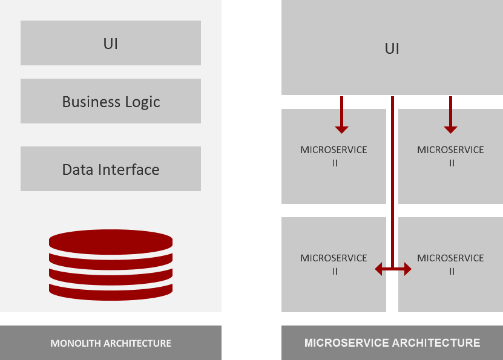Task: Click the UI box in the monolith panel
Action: (x=111, y=43)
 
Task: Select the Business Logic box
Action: (x=111, y=101)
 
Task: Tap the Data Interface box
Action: (x=111, y=169)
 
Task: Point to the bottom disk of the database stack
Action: (x=111, y=291)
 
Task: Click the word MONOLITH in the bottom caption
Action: (x=76, y=343)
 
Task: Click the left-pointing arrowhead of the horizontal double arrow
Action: (x=380, y=269)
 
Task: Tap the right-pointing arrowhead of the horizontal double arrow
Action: (x=407, y=269)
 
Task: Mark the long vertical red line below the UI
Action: (x=393, y=182)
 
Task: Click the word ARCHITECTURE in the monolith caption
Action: (x=137, y=343)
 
